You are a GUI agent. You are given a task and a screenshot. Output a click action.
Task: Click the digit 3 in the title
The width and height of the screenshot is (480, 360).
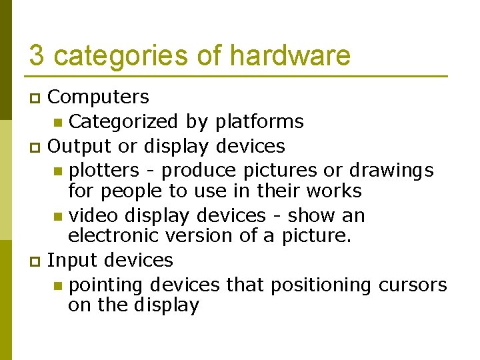[37, 55]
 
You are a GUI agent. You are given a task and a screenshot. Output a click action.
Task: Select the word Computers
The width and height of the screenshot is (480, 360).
[99, 97]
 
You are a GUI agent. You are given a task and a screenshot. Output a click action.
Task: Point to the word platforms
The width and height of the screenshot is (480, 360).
[259, 122]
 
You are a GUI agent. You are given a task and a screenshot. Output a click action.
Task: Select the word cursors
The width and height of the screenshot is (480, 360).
[413, 285]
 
